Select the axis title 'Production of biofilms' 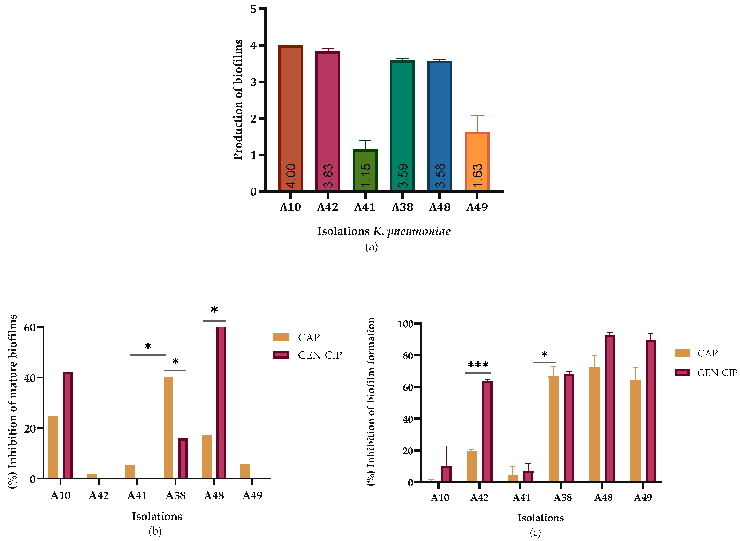coord(238,100)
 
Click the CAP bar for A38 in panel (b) coord(168,427)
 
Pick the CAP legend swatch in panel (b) coord(281,337)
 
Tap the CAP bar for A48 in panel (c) coord(594,424)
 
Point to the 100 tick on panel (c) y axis coord(405,324)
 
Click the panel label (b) coord(155,531)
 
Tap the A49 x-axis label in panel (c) coord(642,498)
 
